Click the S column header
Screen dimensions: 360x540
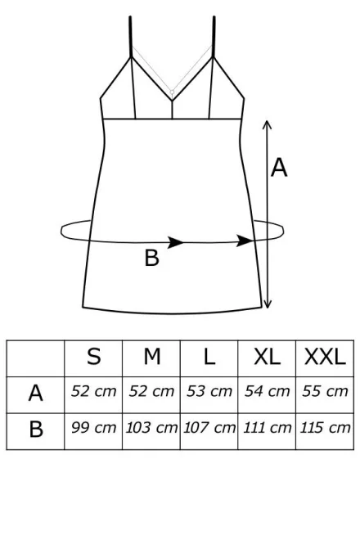click(94, 357)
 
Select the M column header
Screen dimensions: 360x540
click(152, 357)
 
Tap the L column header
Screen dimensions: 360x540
click(209, 357)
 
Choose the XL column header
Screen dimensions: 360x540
click(267, 357)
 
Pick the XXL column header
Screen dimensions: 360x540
click(325, 357)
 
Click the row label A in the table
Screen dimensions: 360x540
click(35, 393)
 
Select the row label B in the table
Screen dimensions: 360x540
click(36, 429)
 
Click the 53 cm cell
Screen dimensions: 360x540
click(209, 391)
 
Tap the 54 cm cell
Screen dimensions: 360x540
click(267, 391)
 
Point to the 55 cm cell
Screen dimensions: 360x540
click(325, 391)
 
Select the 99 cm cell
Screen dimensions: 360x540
click(94, 428)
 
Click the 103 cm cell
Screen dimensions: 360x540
click(151, 428)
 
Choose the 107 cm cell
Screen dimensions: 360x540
click(209, 428)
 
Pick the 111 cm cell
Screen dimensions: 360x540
click(268, 428)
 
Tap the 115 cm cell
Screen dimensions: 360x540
click(325, 428)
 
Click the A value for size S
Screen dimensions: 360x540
click(94, 391)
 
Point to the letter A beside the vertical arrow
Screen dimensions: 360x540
click(279, 168)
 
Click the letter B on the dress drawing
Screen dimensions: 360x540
click(151, 258)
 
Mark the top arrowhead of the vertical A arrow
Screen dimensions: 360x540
click(267, 124)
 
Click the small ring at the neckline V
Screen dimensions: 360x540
click(172, 92)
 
